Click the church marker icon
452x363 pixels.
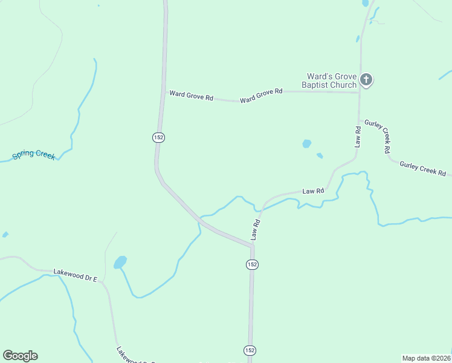[366, 79]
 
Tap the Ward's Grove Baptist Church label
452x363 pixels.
[331, 80]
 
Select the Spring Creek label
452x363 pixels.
[34, 155]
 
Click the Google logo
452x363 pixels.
[20, 356]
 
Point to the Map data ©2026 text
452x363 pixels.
[427, 358]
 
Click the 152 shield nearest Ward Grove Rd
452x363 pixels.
[158, 137]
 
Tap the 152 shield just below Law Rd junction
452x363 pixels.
[253, 264]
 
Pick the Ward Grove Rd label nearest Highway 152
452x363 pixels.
[191, 95]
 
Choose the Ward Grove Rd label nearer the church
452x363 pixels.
[261, 95]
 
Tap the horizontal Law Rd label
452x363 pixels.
[313, 191]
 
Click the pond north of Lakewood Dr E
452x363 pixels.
[120, 262]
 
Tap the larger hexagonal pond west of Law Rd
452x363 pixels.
[307, 144]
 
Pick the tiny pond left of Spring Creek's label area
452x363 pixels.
[5, 234]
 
